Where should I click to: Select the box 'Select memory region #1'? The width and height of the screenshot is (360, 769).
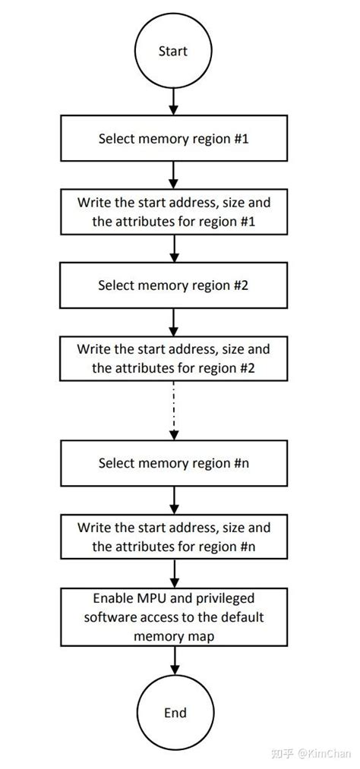(x=174, y=138)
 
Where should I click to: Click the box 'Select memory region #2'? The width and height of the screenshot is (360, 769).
(x=173, y=285)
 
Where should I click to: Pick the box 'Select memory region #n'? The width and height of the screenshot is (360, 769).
(x=174, y=463)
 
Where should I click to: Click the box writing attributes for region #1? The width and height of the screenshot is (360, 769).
(x=174, y=211)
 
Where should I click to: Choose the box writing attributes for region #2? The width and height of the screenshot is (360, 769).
(x=173, y=358)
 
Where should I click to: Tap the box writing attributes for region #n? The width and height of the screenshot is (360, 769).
(x=174, y=537)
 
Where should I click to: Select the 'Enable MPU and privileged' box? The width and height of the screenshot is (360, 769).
(x=174, y=616)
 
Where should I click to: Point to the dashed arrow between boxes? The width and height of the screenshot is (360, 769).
(x=174, y=411)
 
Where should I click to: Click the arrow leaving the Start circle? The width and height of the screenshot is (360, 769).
(x=173, y=102)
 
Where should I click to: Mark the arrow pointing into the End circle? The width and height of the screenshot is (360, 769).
(x=174, y=660)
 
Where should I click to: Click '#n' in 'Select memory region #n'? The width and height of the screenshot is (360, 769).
(x=241, y=463)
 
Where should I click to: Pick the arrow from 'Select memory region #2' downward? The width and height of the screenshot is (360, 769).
(x=173, y=322)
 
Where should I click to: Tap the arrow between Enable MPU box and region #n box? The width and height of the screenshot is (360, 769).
(x=174, y=573)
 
